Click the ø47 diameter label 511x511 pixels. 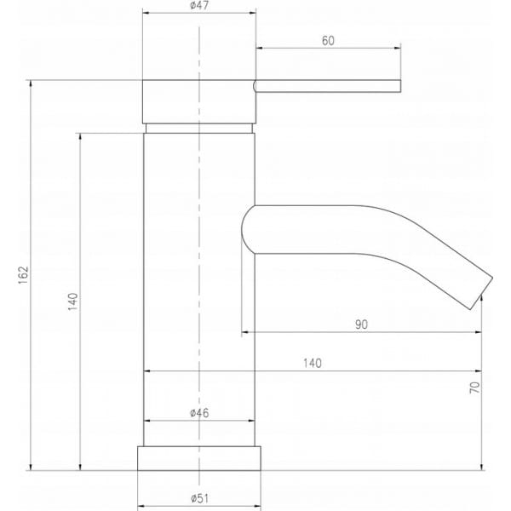(199, 6)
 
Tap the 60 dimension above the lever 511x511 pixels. (328, 41)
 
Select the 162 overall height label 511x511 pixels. (24, 275)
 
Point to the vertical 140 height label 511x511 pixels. (73, 301)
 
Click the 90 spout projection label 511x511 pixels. (361, 324)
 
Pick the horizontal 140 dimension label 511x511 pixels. (313, 363)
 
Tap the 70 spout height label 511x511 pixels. (475, 388)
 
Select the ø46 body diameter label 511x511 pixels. (199, 413)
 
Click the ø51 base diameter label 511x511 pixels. (199, 498)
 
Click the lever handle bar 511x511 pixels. (327, 86)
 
